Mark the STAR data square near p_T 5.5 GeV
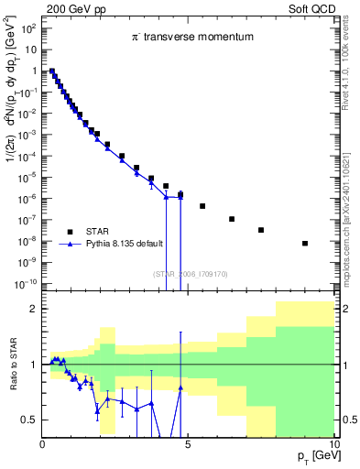(202, 206)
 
